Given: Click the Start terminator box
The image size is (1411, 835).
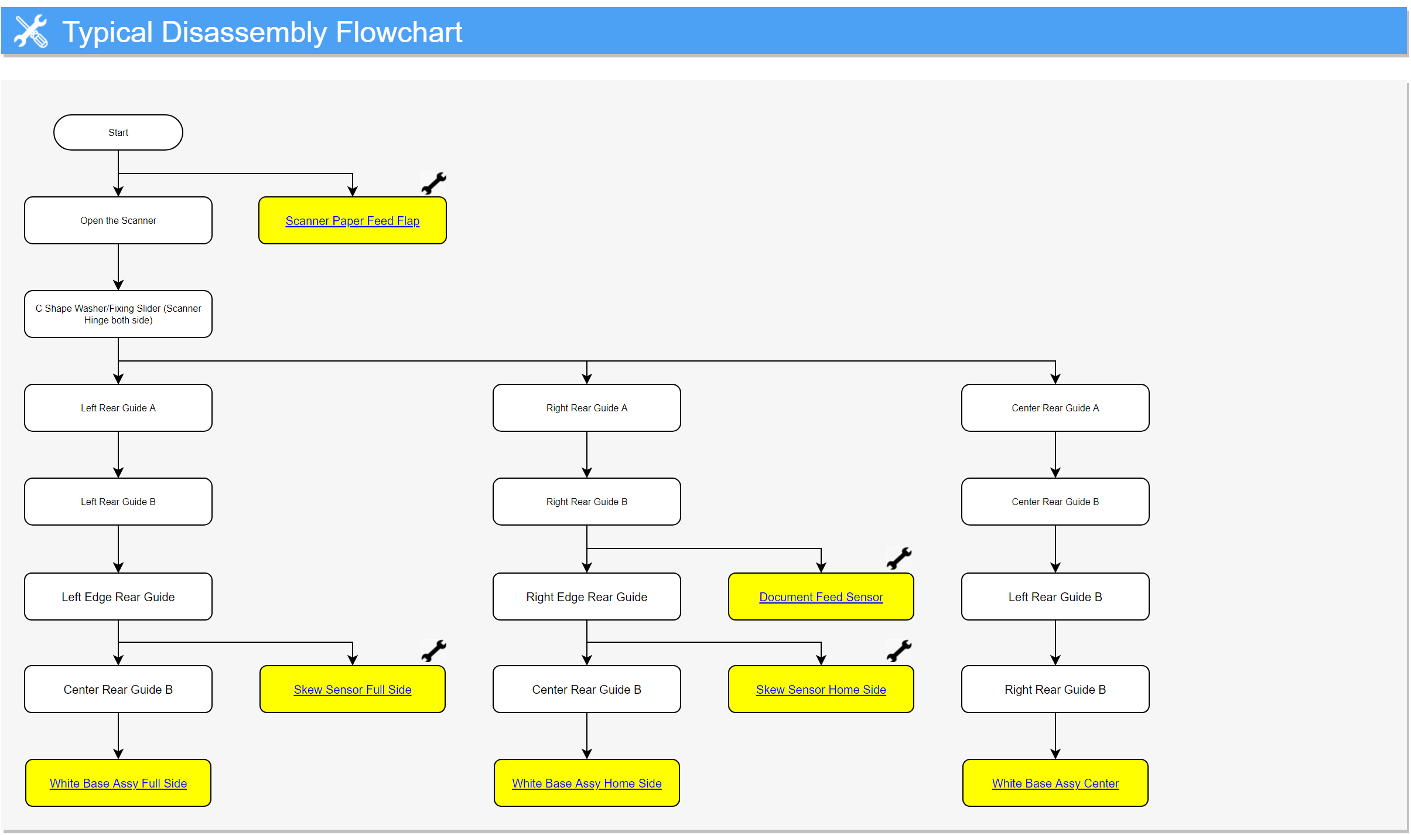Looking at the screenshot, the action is [118, 132].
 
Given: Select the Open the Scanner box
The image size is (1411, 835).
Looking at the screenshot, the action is [118, 220].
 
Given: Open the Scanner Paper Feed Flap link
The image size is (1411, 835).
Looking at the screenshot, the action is [353, 221].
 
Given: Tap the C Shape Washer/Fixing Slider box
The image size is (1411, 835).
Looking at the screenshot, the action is [118, 314].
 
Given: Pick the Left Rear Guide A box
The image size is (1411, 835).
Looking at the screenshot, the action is [118, 408].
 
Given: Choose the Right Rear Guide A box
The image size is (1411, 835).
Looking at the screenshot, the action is [587, 408].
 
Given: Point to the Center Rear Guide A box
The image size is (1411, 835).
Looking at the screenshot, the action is [1055, 408].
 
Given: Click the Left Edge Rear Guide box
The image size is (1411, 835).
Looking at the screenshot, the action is [118, 597].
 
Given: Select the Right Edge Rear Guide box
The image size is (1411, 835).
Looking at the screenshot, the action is [587, 597].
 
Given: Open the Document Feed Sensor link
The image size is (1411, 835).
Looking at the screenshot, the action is [821, 597].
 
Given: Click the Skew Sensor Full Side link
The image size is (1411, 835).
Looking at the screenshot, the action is [353, 690].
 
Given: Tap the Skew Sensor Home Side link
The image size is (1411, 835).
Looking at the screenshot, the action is [821, 690].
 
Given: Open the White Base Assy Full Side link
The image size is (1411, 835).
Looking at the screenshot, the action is [118, 783].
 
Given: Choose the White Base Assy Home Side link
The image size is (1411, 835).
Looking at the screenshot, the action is [587, 783].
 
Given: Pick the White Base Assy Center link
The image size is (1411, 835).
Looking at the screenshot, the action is [1055, 783].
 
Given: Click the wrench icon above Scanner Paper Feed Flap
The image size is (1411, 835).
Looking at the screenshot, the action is [434, 183].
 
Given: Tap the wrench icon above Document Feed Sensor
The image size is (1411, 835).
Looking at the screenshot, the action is [899, 558].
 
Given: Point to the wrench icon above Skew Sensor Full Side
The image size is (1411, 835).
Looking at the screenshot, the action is [434, 651].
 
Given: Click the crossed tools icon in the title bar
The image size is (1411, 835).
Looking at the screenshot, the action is [31, 32].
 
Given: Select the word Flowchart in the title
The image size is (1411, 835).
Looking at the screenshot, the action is [399, 32].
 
